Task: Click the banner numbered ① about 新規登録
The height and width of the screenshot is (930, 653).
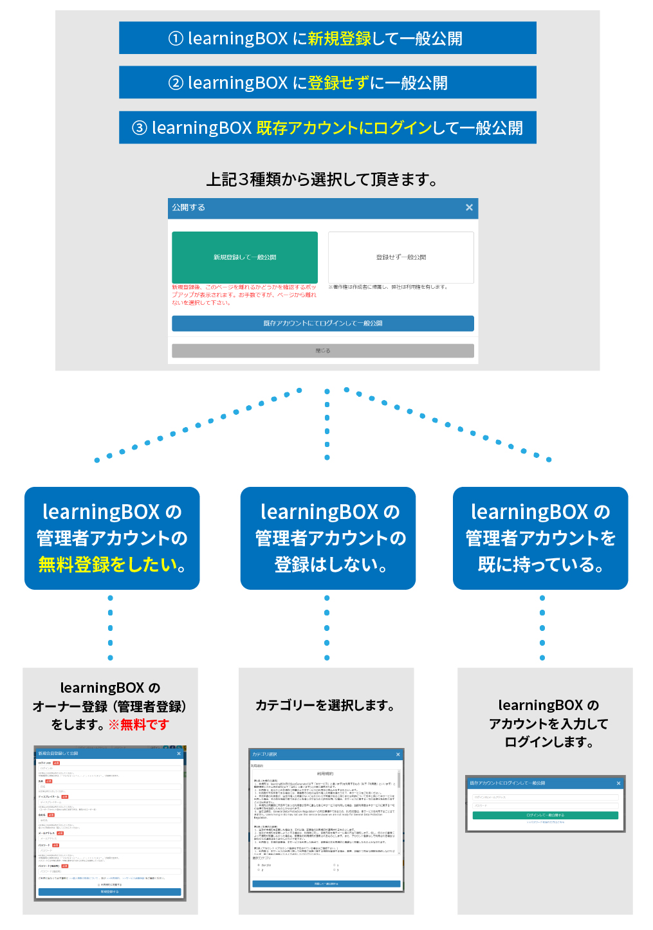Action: [327, 39]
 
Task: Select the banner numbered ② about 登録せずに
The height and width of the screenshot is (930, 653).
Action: [327, 83]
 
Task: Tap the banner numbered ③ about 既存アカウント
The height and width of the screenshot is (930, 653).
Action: [327, 128]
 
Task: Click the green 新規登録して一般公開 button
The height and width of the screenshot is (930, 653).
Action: [244, 257]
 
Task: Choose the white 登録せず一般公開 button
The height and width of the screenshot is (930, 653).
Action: [401, 257]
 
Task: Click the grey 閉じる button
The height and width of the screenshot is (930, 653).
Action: [322, 351]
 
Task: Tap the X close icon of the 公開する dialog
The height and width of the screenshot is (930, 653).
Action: [469, 208]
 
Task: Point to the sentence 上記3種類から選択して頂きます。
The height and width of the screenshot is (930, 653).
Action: [322, 179]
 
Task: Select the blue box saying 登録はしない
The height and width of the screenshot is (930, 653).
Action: [328, 538]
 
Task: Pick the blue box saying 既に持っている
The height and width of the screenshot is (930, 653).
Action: [540, 538]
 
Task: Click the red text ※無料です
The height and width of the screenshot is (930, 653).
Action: [138, 725]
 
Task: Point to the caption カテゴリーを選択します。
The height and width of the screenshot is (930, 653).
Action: [326, 706]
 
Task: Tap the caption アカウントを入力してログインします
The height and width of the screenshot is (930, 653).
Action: [548, 724]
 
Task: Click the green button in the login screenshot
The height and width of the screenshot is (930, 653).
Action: [545, 815]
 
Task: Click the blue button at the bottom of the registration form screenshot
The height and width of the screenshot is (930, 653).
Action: [109, 892]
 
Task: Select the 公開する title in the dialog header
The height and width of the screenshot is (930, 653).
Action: [189, 208]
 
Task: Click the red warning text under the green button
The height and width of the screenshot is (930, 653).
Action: [244, 295]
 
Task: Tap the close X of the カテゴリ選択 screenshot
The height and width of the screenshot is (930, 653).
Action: [398, 754]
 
